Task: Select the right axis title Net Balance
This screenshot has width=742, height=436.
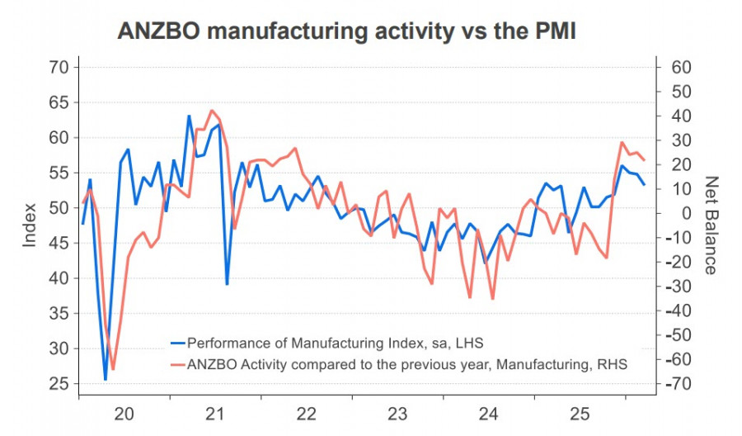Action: [x=711, y=225]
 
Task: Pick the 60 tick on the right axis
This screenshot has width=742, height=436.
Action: [x=679, y=67]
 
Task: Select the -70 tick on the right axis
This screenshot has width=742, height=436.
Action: [x=679, y=384]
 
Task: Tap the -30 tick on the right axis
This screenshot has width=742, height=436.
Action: [x=679, y=287]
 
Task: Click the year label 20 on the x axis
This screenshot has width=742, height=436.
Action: [x=124, y=413]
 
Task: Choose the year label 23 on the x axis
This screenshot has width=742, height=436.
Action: [x=398, y=413]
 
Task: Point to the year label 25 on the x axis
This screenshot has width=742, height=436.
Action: [x=581, y=413]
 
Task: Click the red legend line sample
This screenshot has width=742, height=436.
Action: [x=177, y=363]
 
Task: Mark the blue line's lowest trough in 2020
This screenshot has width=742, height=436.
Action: [x=106, y=379]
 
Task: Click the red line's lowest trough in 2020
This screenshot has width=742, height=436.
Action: [x=113, y=369]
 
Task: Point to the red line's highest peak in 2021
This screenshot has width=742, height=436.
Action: [x=212, y=111]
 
